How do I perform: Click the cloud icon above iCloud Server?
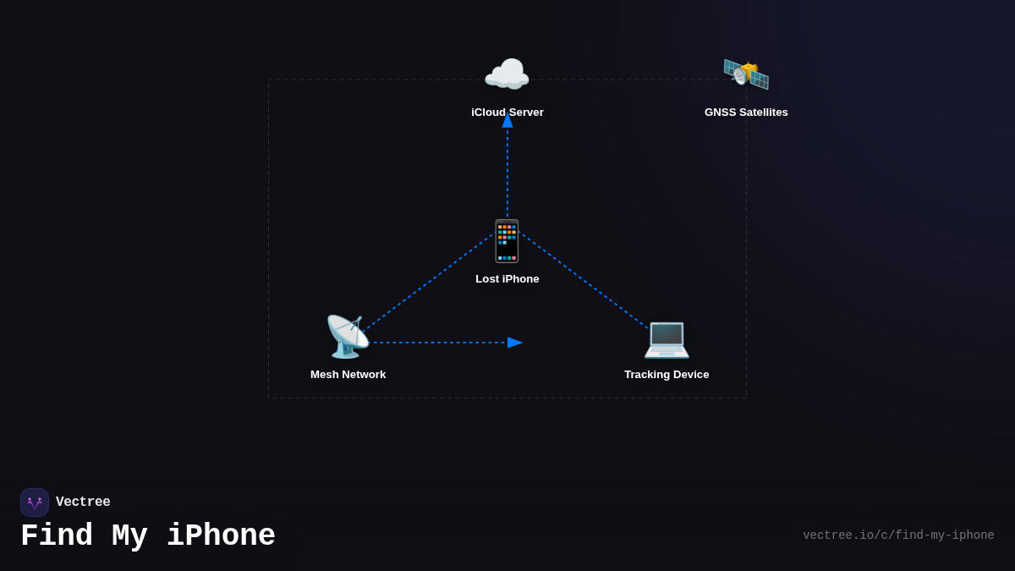[x=507, y=74]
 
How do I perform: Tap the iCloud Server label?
[x=507, y=113]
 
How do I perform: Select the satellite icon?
[x=746, y=74]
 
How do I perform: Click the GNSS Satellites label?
[x=746, y=113]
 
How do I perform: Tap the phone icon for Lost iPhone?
[x=507, y=241]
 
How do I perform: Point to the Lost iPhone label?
[x=507, y=279]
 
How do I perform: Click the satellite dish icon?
[x=348, y=337]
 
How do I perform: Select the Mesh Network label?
[x=348, y=375]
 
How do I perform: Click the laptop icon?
[x=667, y=338]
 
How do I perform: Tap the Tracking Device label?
[x=667, y=375]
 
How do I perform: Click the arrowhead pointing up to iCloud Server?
[x=507, y=120]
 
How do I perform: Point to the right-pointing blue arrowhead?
[x=514, y=343]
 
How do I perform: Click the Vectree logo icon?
[x=35, y=502]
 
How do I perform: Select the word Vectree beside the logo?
[x=83, y=502]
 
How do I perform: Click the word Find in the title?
[x=56, y=536]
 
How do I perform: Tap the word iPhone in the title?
[x=221, y=536]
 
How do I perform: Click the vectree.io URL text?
[x=898, y=535]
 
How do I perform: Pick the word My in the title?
[x=129, y=536]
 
